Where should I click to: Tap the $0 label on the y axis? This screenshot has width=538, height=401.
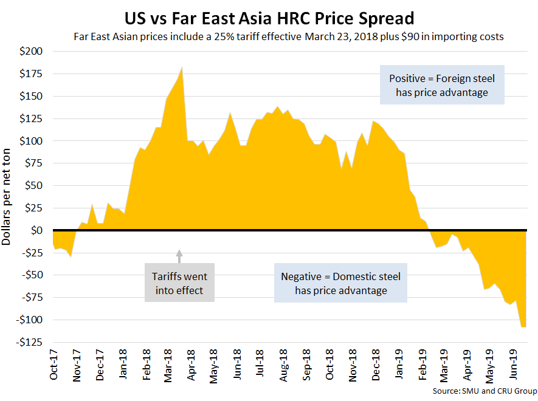point(37,231)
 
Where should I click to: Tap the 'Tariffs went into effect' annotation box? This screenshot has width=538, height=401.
point(179,283)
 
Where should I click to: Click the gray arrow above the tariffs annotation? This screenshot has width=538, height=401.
point(179,255)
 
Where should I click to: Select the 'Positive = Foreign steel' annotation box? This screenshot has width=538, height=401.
point(442,84)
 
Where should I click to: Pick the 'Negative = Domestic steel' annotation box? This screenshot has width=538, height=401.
point(340,283)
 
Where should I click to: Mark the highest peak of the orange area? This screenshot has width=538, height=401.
point(182,67)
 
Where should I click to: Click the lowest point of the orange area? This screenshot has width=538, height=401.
point(523,327)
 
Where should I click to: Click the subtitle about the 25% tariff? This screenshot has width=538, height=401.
point(288,36)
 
